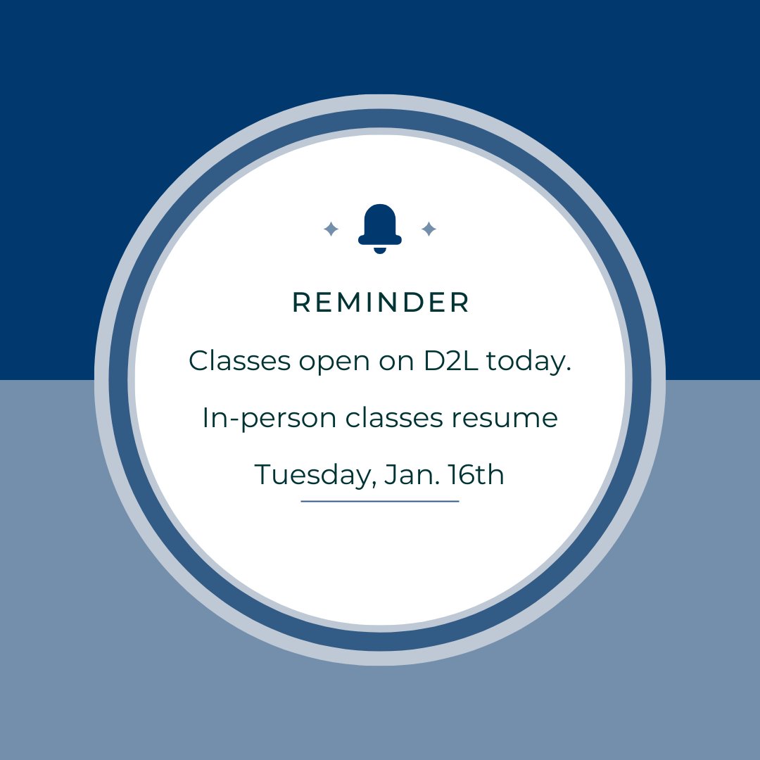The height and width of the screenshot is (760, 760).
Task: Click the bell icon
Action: (x=380, y=227)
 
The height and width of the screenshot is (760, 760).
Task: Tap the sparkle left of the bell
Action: (x=331, y=229)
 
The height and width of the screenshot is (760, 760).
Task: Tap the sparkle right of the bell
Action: (x=429, y=229)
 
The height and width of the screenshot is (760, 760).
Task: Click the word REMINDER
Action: (x=380, y=303)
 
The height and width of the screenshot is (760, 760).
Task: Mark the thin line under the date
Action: (x=380, y=501)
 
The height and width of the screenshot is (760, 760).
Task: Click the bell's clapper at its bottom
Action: (x=380, y=250)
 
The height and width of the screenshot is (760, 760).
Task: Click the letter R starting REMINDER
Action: (x=300, y=303)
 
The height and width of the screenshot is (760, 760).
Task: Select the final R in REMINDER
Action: (x=460, y=303)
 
